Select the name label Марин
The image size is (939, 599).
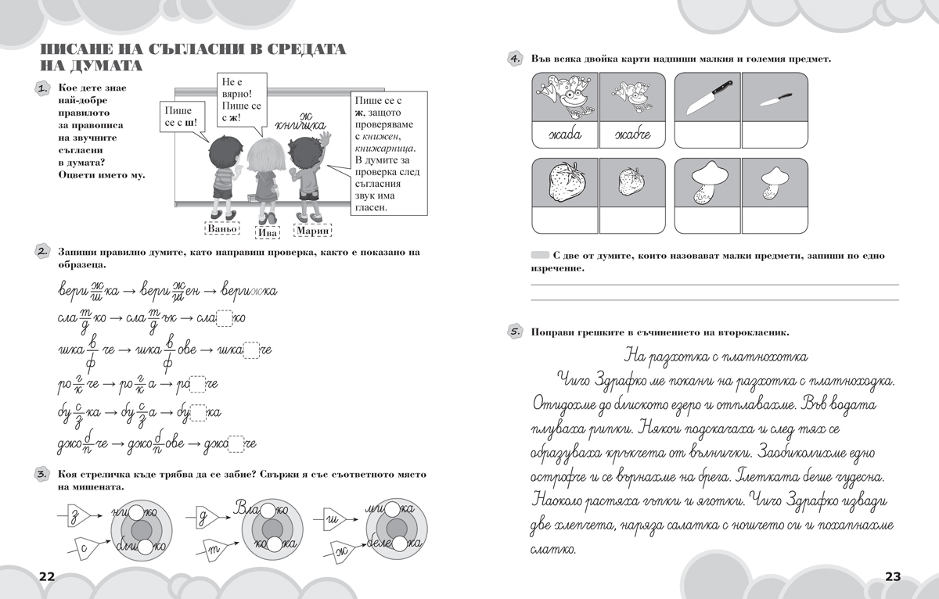tap(312, 230)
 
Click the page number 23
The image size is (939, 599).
tap(893, 577)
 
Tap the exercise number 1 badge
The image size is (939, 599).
tap(44, 90)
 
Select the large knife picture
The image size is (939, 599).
tap(707, 96)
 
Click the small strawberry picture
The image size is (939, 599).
tap(631, 182)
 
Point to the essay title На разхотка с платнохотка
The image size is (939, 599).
tap(717, 357)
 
